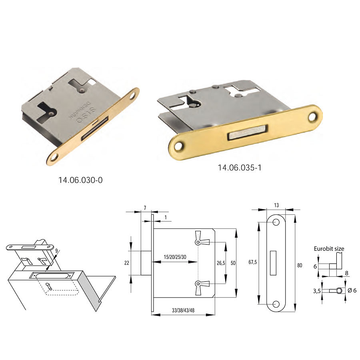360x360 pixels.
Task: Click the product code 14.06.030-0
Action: click(80, 180)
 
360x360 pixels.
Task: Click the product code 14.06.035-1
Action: click(240, 168)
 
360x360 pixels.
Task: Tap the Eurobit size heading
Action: click(329, 249)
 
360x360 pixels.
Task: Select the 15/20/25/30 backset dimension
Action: click(175, 257)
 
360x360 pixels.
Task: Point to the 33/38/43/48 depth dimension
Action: click(183, 310)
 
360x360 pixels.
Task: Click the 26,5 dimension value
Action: click(221, 263)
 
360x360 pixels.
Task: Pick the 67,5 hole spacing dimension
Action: click(252, 262)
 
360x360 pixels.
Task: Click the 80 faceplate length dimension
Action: click(300, 266)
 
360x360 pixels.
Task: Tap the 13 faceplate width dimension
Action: click(276, 205)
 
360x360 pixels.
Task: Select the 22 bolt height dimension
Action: click(127, 263)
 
